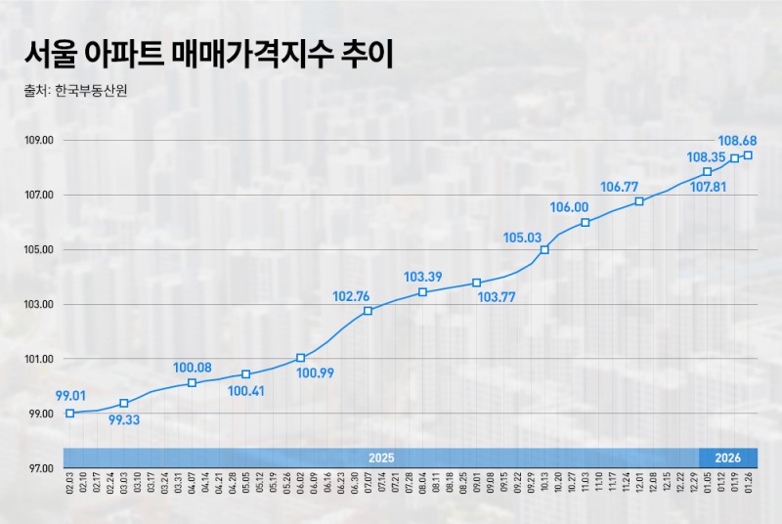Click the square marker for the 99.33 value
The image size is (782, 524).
click(x=124, y=403)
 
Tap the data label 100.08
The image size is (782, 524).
click(x=193, y=368)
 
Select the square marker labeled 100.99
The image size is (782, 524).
click(x=300, y=358)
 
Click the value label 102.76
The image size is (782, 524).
click(x=352, y=296)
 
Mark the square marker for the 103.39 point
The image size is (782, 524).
click(x=422, y=292)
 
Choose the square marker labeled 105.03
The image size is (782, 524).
click(x=544, y=249)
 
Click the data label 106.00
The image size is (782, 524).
click(x=569, y=207)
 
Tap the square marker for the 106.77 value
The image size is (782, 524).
click(x=639, y=201)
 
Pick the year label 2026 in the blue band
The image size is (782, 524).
click(x=728, y=458)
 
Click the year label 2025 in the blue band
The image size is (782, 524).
click(x=381, y=458)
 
